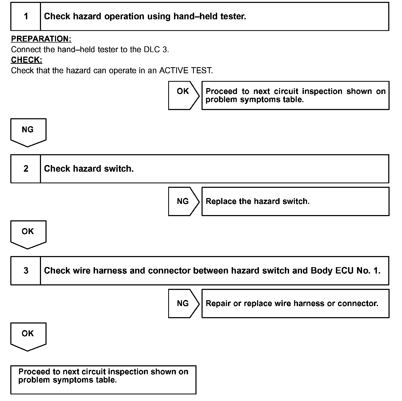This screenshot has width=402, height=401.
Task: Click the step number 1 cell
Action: click(26, 16)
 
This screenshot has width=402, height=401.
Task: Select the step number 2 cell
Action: click(26, 169)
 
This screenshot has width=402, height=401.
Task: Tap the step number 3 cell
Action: click(26, 271)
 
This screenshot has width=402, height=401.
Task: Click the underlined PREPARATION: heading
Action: click(41, 39)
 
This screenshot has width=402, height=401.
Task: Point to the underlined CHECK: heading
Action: click(26, 60)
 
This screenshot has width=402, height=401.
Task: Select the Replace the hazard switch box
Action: click(295, 201)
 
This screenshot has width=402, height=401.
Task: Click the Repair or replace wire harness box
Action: click(295, 303)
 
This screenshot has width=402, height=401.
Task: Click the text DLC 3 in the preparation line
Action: click(156, 49)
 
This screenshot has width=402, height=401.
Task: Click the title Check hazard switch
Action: click(89, 169)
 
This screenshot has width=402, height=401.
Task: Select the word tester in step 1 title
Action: click(233, 16)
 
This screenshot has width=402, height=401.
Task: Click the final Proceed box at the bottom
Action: click(103, 380)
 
